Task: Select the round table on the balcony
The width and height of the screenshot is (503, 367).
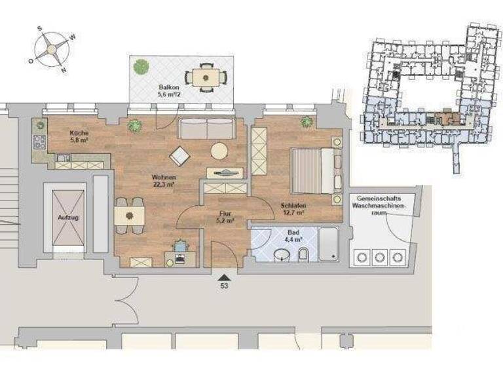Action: coord(206,77)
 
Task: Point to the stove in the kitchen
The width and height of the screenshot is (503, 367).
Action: coord(39,141)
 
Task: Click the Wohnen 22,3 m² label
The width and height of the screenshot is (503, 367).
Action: coord(162,181)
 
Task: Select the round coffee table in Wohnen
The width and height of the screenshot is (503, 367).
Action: coord(219,151)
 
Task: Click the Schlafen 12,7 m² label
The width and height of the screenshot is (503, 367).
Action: coord(293,208)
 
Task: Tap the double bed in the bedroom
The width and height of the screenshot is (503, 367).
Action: coord(314,170)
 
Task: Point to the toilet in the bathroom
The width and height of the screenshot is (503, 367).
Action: coord(303,256)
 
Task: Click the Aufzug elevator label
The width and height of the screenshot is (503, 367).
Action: coord(68,218)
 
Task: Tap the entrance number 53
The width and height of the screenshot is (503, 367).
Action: coord(224,286)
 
